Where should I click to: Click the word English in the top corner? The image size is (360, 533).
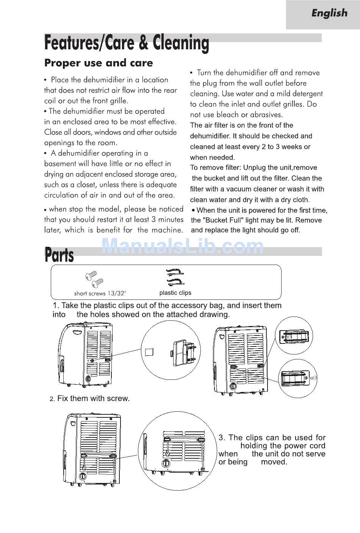[329, 13]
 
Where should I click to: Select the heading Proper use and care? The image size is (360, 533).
[99, 63]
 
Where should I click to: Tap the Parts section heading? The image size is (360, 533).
[59, 255]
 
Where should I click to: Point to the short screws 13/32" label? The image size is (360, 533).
[100, 293]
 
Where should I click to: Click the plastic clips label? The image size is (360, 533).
[175, 293]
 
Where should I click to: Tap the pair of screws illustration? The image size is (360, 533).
[94, 279]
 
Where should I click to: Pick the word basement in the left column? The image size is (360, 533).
[60, 164]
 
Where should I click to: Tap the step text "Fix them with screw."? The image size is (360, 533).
[93, 398]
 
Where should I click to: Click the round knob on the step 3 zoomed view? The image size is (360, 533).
[166, 464]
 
